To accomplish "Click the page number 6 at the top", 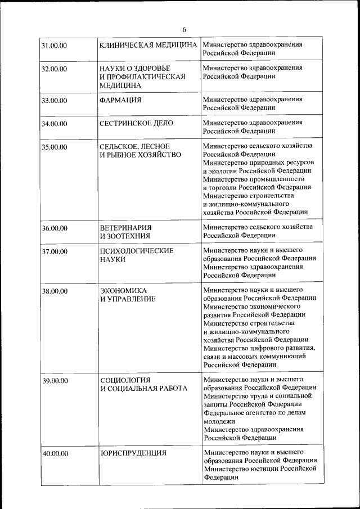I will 184,29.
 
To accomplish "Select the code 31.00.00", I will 55,45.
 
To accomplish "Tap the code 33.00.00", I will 55,100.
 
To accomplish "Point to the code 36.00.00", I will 55,228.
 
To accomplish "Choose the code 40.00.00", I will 55,453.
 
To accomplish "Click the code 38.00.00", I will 55,291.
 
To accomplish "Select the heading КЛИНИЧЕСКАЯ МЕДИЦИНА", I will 148,44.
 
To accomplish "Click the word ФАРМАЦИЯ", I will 120,100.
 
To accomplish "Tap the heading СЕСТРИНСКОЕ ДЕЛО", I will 136,123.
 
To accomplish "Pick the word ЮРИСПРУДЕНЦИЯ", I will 133,452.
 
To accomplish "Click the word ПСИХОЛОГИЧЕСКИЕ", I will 137,250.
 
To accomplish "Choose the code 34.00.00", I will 55,123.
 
